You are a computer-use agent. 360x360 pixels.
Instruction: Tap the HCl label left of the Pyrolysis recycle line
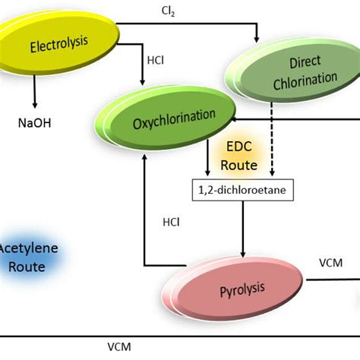(172, 222)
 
